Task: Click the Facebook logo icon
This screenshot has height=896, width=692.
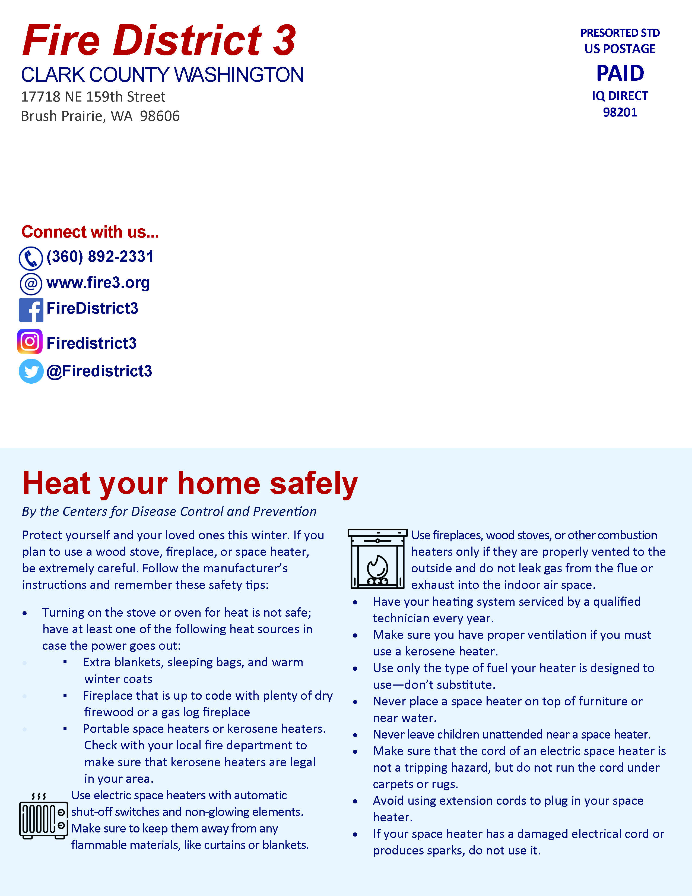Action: (x=31, y=310)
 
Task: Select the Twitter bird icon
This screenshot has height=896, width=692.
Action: (x=31, y=371)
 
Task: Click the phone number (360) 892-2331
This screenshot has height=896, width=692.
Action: (x=100, y=257)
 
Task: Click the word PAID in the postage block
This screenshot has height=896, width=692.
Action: (x=620, y=73)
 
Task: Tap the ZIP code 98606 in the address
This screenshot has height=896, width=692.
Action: (x=160, y=116)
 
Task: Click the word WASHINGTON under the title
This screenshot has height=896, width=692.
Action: (x=239, y=75)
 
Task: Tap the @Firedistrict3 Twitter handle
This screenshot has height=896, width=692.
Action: (x=99, y=371)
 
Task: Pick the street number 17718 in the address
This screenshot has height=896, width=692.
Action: (x=41, y=97)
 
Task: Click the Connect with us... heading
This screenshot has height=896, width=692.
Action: (x=90, y=232)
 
